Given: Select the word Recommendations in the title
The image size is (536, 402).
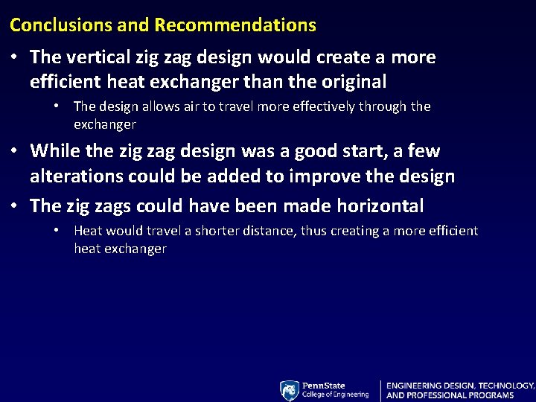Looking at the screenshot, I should [235, 25].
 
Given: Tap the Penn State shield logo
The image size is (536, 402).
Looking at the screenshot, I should [290, 390].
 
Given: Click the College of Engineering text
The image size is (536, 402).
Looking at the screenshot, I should [335, 395].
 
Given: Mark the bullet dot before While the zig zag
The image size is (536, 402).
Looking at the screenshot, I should [15, 151].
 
